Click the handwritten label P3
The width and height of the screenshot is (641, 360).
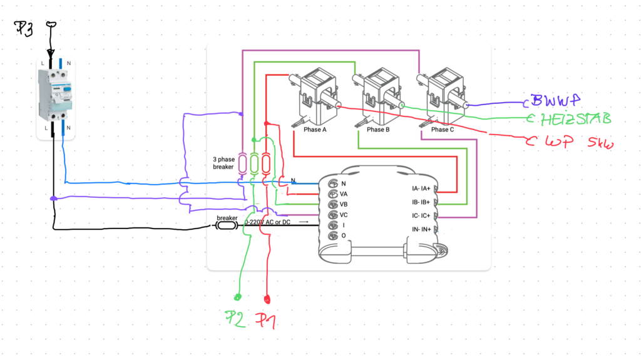pos(24,28)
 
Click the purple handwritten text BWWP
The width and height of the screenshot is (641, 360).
pos(554,100)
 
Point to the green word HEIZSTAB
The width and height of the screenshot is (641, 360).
pos(574,119)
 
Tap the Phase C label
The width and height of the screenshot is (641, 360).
pos(440,130)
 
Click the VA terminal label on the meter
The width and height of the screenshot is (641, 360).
pos(344,194)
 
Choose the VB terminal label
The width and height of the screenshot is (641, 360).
pos(344,204)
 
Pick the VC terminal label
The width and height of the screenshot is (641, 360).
pos(344,215)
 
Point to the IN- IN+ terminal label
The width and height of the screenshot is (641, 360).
pos(421,230)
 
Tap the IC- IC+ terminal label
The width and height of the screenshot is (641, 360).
pos(421,216)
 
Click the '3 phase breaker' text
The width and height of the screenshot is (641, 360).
pos(223,163)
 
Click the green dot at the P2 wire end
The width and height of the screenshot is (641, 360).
pos(238,297)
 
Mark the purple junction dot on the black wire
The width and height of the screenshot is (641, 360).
pos(54,199)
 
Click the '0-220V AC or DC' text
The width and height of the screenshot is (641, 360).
pos(267,222)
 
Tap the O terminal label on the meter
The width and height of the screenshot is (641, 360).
pos(343,235)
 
